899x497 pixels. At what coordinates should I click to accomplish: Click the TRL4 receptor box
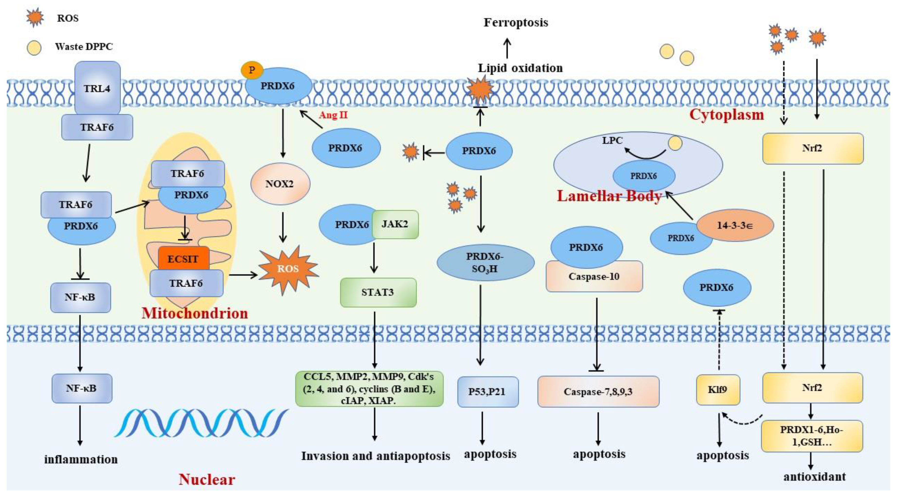pos(97,88)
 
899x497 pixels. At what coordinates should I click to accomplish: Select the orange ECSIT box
pos(183,259)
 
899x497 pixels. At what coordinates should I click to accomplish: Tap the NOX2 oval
pos(280,184)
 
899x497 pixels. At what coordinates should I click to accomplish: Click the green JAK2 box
pos(395,224)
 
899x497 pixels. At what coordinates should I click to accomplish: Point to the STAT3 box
pos(378,292)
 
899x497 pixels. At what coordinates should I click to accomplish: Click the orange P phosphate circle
pos(251,70)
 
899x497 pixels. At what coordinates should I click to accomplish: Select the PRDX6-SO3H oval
pos(485,262)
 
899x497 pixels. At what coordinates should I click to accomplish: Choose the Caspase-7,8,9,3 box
pos(598,392)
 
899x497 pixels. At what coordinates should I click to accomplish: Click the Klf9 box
pos(718,390)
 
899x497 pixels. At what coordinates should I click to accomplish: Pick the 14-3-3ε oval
pos(735,225)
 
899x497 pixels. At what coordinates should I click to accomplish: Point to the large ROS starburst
pos(288,269)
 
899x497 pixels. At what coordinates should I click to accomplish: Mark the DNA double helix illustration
pos(201,423)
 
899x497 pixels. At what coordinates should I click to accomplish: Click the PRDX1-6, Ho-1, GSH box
pos(812,436)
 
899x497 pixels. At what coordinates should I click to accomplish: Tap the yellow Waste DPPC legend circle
pos(34,48)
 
